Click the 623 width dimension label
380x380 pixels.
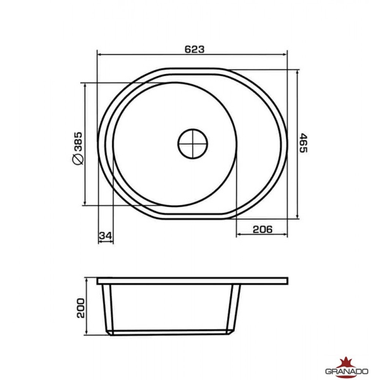195,49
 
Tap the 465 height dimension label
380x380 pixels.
303,143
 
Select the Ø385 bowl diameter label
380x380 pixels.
78,148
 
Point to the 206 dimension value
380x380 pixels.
263,229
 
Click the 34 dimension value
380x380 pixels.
105,236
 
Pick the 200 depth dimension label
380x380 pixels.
81,308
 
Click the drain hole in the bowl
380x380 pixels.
193,144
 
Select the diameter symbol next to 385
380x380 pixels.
78,159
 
